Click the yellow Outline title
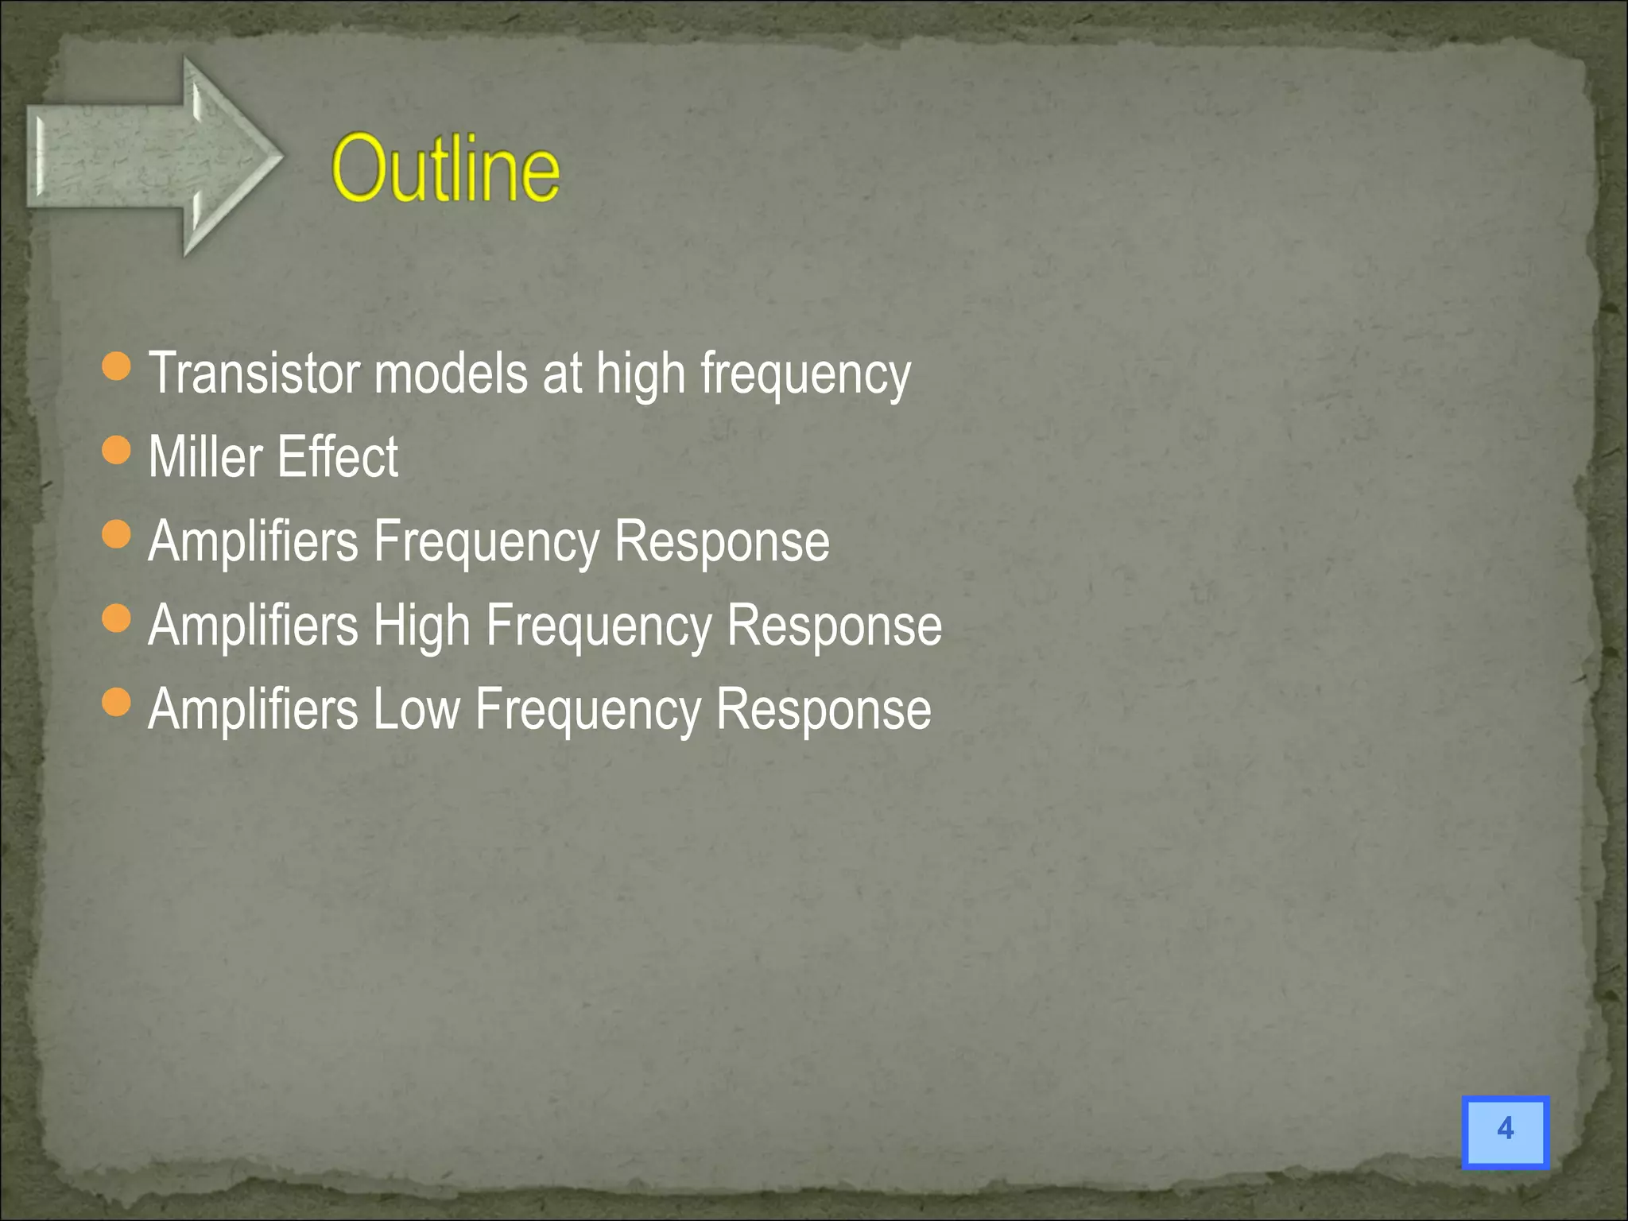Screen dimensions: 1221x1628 tap(445, 169)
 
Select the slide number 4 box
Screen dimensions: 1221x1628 tap(1505, 1131)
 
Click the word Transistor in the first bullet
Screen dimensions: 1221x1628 tap(254, 373)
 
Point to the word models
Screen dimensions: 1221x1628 tap(451, 373)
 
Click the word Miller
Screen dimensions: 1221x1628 tap(205, 457)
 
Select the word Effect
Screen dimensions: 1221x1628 tap(338, 457)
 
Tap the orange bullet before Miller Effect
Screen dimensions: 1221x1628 tap(117, 450)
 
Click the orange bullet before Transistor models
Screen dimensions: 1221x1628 tap(117, 366)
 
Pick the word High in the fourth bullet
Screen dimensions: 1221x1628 tap(421, 626)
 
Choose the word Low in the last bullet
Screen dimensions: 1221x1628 tap(417, 709)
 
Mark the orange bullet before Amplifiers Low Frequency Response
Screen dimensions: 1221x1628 tap(117, 702)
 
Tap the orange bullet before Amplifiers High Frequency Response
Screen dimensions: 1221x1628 tap(117, 618)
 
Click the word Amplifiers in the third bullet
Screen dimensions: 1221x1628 tap(254, 541)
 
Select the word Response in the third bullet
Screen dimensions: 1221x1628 tap(722, 541)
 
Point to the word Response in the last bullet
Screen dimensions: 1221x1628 tap(824, 709)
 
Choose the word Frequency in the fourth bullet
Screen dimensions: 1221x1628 tap(599, 627)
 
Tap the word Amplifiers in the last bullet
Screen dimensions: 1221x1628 tap(254, 709)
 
